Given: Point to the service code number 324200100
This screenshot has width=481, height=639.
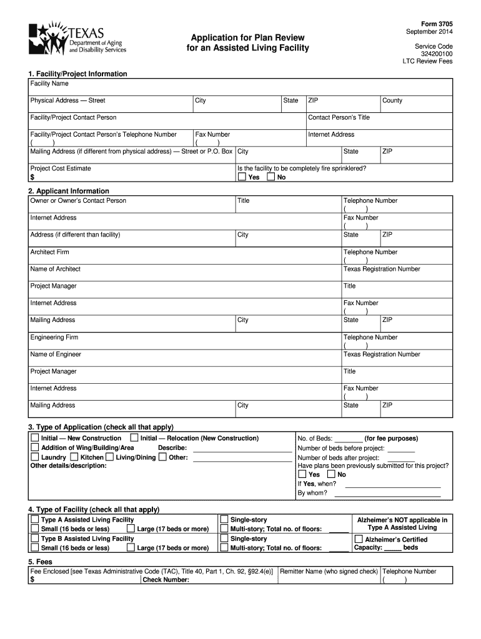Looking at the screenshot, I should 437,54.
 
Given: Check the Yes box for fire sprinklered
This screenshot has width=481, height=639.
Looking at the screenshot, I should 242,177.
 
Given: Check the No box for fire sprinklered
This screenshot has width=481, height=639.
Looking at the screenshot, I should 270,177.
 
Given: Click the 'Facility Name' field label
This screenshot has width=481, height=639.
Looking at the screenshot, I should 49,84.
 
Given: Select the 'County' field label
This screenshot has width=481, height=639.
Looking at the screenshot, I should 392,100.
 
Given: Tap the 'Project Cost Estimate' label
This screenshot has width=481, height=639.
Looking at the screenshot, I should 61,168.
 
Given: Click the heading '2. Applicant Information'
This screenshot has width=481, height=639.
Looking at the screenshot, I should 69,191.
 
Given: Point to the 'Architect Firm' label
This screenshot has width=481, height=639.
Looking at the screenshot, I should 50,252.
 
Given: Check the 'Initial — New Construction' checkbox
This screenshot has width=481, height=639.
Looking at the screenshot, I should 35,439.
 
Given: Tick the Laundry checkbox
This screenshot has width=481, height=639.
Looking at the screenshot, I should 35,457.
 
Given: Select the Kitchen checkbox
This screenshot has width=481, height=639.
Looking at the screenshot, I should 74,457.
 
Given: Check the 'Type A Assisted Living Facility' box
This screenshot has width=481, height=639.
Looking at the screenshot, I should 35,520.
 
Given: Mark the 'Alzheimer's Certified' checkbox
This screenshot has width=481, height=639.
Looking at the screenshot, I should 359,539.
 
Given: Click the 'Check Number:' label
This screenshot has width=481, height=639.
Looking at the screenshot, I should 166,580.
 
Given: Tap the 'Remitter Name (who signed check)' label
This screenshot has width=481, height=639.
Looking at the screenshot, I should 329,572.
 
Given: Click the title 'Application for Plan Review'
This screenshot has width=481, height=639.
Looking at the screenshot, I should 248,37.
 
